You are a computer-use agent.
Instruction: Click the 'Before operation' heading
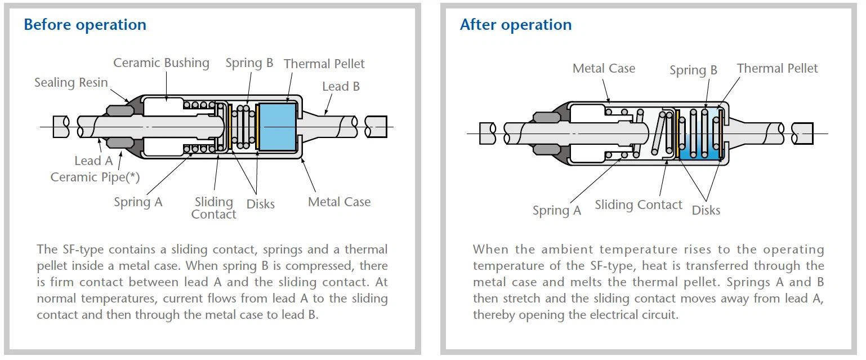(85, 25)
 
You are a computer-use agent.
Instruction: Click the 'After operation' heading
(515, 25)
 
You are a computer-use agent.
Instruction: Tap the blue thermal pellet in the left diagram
(276, 127)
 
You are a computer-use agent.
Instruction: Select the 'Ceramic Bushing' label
(161, 63)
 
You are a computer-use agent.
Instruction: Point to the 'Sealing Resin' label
(71, 82)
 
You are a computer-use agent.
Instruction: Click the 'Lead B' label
(341, 87)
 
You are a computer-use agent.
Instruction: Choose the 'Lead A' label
(93, 161)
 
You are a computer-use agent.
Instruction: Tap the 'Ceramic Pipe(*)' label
(95, 177)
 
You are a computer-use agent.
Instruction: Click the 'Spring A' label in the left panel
(138, 202)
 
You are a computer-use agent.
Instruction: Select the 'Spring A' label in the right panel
(557, 211)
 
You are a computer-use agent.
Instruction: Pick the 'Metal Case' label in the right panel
(604, 69)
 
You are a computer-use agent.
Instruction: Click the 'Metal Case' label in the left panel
(339, 202)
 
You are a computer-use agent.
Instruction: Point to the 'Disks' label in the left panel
(261, 204)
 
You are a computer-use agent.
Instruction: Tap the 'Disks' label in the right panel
(706, 210)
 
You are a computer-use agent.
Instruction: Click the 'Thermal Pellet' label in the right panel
(777, 69)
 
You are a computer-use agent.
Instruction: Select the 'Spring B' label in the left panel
(249, 63)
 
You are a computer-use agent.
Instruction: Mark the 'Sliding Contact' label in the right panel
(639, 205)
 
